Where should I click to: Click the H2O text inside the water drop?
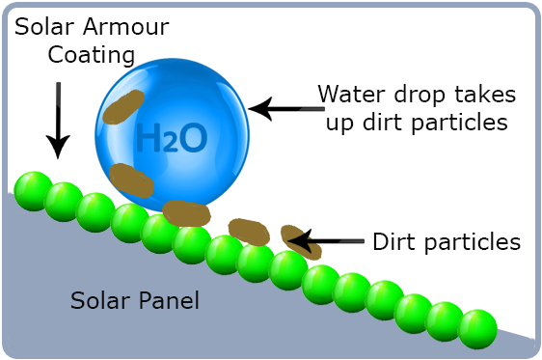click(x=172, y=139)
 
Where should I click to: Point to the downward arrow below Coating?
click(x=60, y=120)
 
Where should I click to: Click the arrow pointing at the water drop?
click(x=280, y=110)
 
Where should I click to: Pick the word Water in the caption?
click(x=354, y=95)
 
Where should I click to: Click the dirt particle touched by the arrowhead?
click(x=299, y=242)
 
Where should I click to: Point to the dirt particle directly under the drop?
click(x=186, y=212)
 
